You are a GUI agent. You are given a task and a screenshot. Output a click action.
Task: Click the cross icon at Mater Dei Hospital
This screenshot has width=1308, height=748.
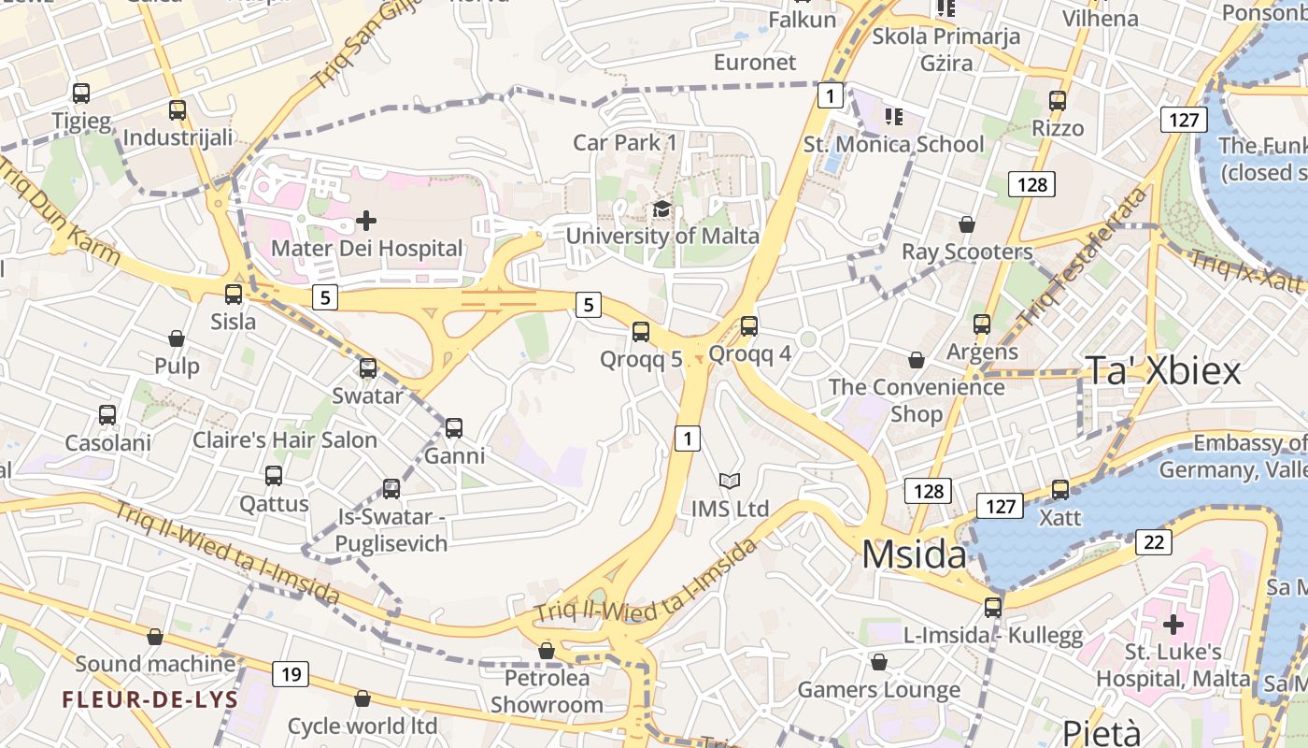coord(366,221)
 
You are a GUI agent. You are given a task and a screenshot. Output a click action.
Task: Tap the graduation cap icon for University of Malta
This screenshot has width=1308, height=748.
coord(662,209)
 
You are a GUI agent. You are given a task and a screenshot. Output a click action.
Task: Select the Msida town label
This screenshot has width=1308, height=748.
coord(914,554)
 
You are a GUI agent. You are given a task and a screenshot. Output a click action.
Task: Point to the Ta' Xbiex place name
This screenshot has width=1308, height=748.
coord(1162,371)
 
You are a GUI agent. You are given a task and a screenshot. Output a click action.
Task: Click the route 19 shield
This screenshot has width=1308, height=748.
coord(291,673)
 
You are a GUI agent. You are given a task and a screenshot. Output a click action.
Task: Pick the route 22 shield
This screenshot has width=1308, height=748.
coord(1154,542)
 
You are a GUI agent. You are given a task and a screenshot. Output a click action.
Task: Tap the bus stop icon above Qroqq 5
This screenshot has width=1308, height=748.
coord(641,331)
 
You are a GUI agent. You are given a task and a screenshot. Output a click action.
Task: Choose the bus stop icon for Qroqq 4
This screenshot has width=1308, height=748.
coord(749,326)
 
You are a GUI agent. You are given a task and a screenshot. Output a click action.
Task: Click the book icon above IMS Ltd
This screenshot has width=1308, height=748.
coord(730,481)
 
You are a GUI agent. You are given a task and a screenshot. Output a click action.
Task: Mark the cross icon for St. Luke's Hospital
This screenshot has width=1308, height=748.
coord(1173,624)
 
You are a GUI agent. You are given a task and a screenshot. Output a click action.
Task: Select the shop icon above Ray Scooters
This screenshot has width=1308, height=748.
coord(967,224)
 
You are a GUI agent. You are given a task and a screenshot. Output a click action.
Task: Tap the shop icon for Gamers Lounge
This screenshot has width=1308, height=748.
coord(879,662)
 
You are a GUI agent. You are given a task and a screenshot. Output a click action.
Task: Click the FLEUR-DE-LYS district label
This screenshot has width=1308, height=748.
coord(150,699)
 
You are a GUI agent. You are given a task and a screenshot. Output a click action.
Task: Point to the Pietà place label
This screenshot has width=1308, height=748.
coord(1102,732)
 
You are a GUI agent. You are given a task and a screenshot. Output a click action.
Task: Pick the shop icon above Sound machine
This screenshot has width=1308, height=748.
coord(155,637)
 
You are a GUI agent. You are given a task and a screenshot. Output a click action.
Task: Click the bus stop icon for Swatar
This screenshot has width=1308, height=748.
coord(368,368)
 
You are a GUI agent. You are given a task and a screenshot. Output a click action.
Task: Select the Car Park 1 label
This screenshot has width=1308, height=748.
coord(625,142)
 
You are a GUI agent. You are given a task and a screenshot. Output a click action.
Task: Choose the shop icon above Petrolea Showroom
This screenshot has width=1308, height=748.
coord(547,650)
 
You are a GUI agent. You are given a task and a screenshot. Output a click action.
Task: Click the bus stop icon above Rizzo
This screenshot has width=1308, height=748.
coord(1058,101)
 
